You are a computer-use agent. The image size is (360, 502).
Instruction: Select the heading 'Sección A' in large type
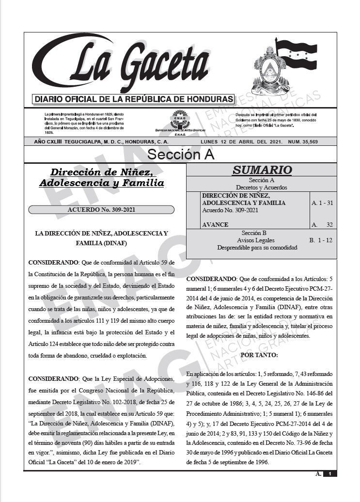tap(180, 155)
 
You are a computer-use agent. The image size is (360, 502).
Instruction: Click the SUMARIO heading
tap(262, 170)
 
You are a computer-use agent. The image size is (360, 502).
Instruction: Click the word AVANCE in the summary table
tap(215, 225)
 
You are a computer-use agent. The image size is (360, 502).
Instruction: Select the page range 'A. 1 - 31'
tap(322, 203)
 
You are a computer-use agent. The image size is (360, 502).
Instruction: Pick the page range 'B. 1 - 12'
tap(321, 240)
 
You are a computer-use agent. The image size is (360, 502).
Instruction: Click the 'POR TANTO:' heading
tap(259, 355)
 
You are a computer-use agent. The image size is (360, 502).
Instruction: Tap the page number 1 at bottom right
tap(329, 474)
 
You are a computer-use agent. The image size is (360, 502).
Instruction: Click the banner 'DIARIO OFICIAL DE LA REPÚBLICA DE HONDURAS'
tap(133, 99)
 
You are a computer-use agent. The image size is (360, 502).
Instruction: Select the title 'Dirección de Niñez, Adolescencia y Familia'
tap(101, 177)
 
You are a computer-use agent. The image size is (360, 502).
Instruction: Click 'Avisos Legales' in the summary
tap(255, 240)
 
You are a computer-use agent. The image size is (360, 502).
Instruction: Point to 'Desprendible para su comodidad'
tap(257, 247)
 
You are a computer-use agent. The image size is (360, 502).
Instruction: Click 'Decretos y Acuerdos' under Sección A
tap(261, 187)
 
